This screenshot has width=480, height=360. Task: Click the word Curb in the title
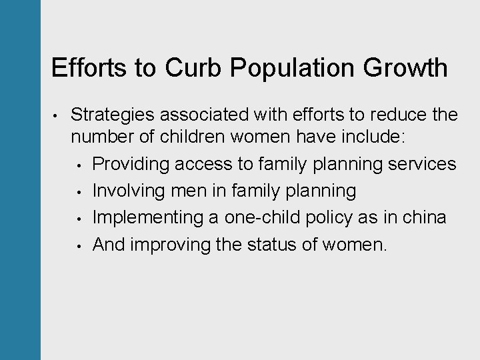click(193, 68)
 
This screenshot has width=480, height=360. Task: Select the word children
click(185, 137)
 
